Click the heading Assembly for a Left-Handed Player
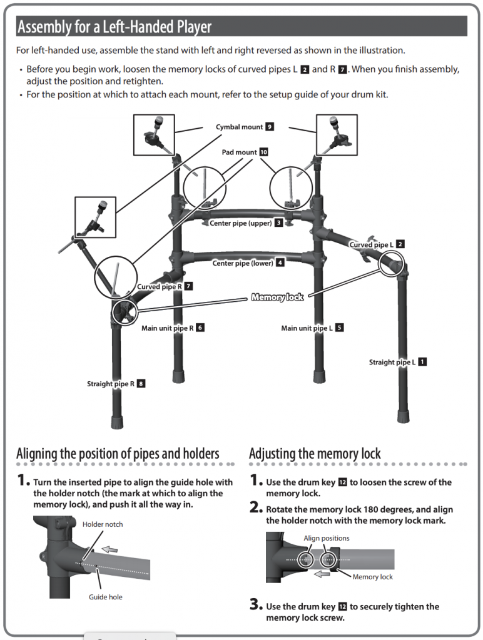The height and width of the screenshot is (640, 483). pos(114,27)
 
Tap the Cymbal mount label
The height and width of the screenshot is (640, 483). pos(239,127)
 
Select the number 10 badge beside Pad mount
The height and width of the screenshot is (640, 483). pos(263,152)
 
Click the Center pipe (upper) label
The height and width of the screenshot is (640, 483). pos(241,223)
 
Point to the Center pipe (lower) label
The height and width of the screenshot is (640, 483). pos(243,263)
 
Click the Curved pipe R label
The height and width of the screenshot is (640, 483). pos(159,286)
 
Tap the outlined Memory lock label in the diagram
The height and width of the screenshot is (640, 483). pos(277,297)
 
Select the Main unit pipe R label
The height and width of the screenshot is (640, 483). pos(167,327)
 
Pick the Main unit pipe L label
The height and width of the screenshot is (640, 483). pos(307,327)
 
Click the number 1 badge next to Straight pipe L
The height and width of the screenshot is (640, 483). pos(422,362)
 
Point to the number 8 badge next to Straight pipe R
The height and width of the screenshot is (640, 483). pos(141,384)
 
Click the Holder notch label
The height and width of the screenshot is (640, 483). pos(103,524)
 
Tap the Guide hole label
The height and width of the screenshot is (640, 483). pos(105,597)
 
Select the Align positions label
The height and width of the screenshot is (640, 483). pos(326,538)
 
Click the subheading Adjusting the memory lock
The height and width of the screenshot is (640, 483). pos(315,453)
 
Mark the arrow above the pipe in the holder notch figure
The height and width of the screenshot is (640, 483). pos(109,550)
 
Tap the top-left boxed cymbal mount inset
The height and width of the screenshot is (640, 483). pos(154,134)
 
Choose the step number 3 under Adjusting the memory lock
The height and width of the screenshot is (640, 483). pos(255,605)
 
